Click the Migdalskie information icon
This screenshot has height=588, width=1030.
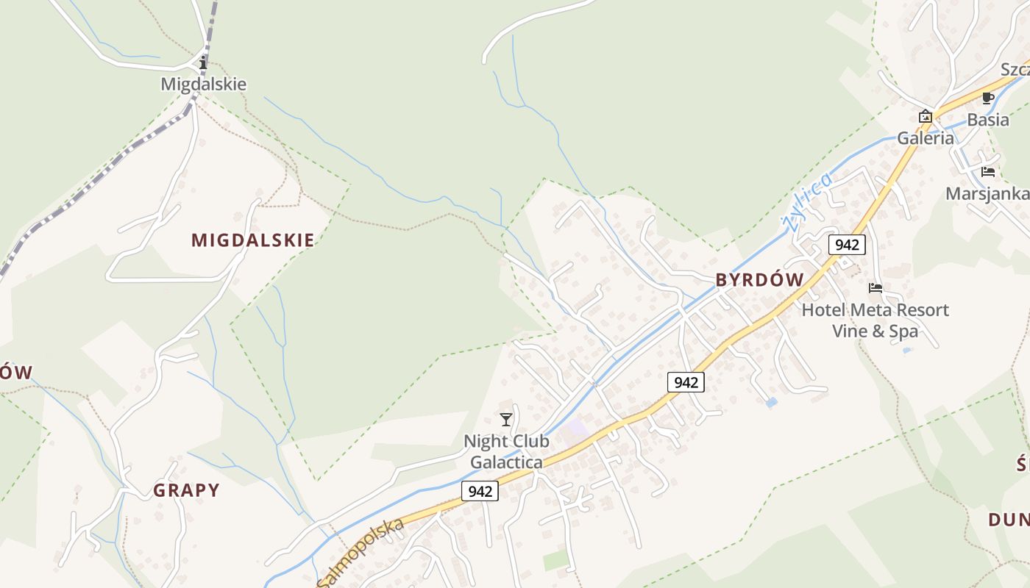pyautogui.click(x=204, y=63)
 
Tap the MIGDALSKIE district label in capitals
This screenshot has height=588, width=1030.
pyautogui.click(x=252, y=240)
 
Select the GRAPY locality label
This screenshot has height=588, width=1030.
pyautogui.click(x=186, y=490)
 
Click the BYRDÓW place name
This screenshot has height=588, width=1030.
pyautogui.click(x=760, y=280)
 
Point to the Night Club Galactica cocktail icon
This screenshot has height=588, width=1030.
pyautogui.click(x=505, y=420)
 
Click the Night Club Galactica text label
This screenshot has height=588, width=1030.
pyautogui.click(x=506, y=452)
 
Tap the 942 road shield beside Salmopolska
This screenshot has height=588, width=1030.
pyautogui.click(x=480, y=491)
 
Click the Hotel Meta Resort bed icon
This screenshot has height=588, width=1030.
pyautogui.click(x=876, y=288)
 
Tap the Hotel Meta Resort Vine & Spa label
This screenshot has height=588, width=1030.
pyautogui.click(x=876, y=320)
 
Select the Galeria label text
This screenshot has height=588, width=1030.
pyautogui.click(x=926, y=138)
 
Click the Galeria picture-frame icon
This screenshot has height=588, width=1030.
pyautogui.click(x=925, y=116)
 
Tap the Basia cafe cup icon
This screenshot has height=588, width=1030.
pyautogui.click(x=988, y=98)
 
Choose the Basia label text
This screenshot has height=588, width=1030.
pyautogui.click(x=988, y=120)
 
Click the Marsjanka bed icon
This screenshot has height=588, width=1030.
pyautogui.click(x=988, y=172)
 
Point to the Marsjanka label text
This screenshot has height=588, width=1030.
pyautogui.click(x=987, y=194)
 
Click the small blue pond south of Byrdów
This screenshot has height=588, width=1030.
pyautogui.click(x=770, y=403)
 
